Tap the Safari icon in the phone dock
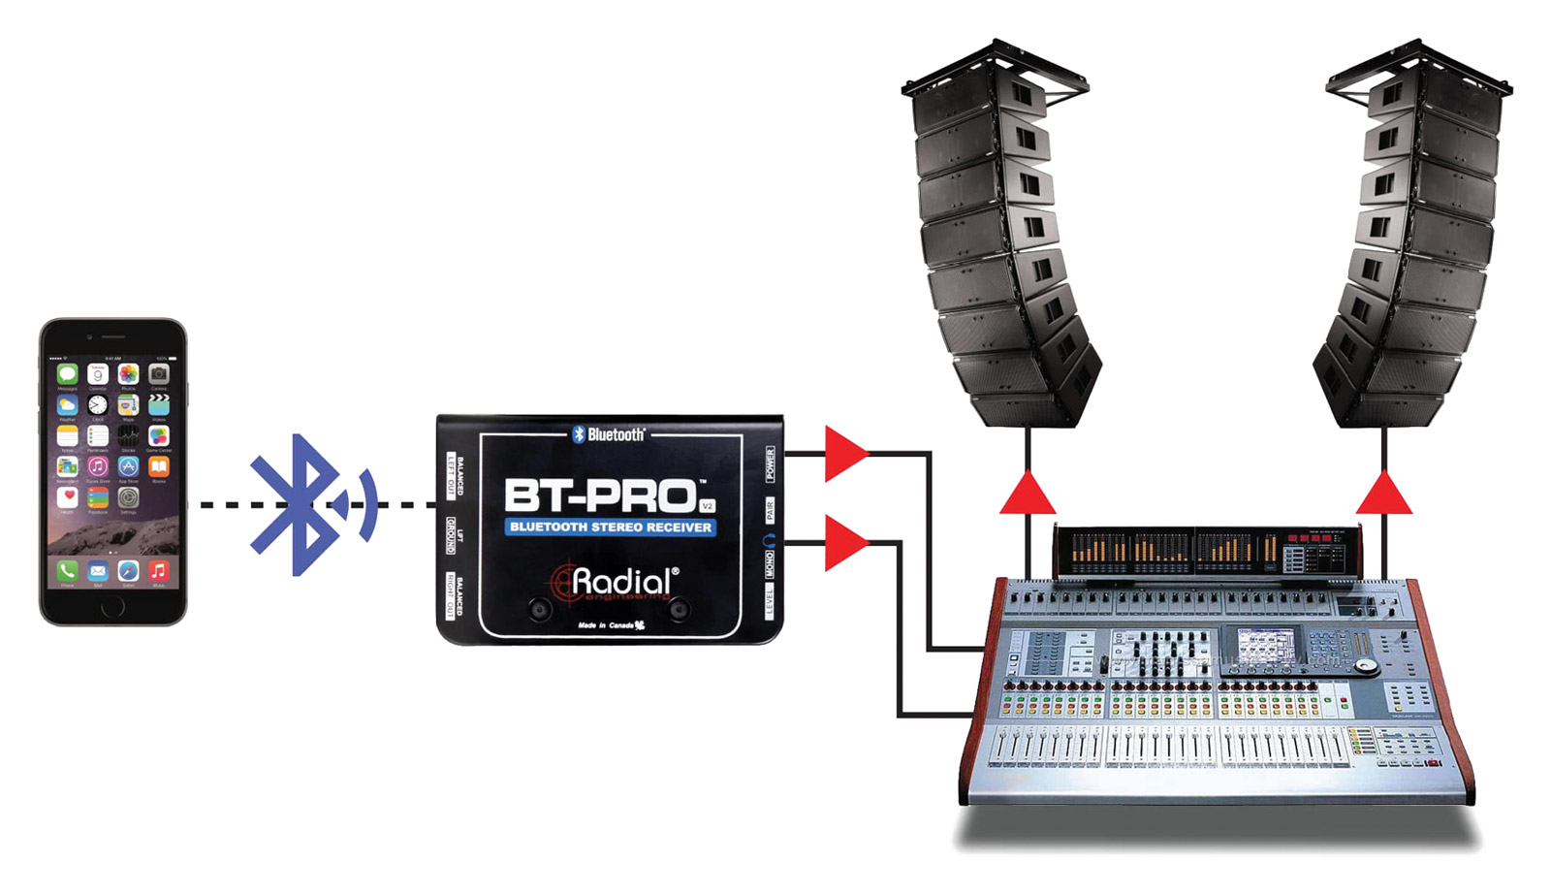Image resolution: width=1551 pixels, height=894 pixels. (x=128, y=570)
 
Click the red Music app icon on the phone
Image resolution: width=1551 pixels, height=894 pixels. (x=158, y=570)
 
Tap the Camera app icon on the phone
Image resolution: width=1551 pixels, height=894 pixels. (x=158, y=373)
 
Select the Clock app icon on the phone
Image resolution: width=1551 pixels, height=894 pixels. (x=97, y=404)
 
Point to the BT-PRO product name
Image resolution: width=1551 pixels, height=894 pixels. (x=599, y=495)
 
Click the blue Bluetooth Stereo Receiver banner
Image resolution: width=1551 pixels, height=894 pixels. (x=610, y=527)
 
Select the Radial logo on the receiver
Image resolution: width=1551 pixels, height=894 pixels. (x=617, y=582)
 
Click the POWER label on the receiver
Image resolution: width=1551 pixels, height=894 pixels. (x=770, y=464)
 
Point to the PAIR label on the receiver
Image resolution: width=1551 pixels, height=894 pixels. (x=770, y=510)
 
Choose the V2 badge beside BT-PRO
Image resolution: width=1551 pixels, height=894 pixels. (x=707, y=505)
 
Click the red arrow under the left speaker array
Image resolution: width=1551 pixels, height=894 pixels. (x=1028, y=493)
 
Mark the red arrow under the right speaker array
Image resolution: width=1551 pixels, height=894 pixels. (x=1384, y=493)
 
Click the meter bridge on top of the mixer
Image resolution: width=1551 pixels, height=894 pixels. (x=1207, y=551)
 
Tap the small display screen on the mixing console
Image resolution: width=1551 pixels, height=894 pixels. (x=1265, y=644)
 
